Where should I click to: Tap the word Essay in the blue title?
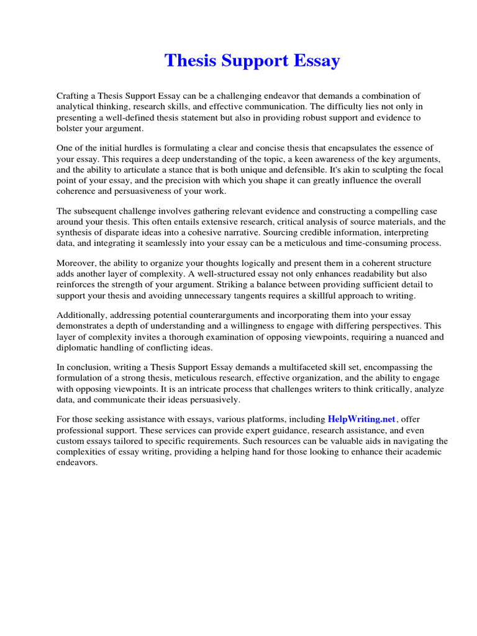tap(316, 61)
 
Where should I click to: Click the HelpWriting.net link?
tap(361, 419)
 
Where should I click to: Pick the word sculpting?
tap(368, 170)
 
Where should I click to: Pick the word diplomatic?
tap(78, 347)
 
